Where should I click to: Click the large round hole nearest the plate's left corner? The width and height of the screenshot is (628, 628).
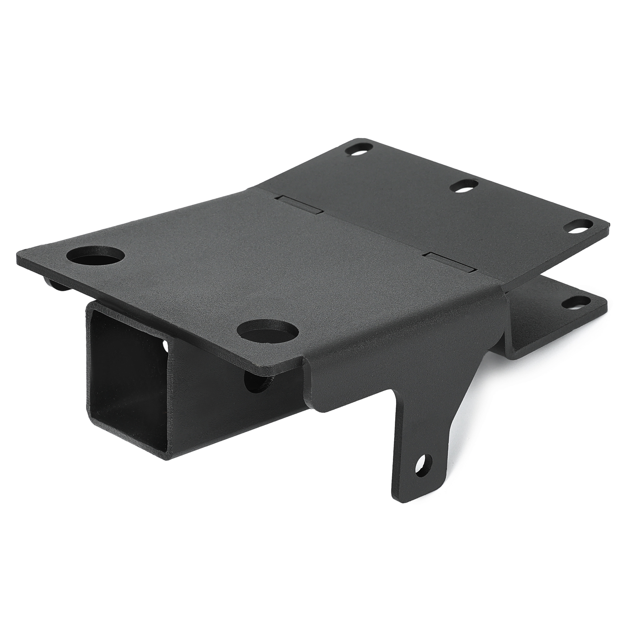click(95, 256)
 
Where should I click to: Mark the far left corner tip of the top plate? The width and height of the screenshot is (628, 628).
click(18, 259)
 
